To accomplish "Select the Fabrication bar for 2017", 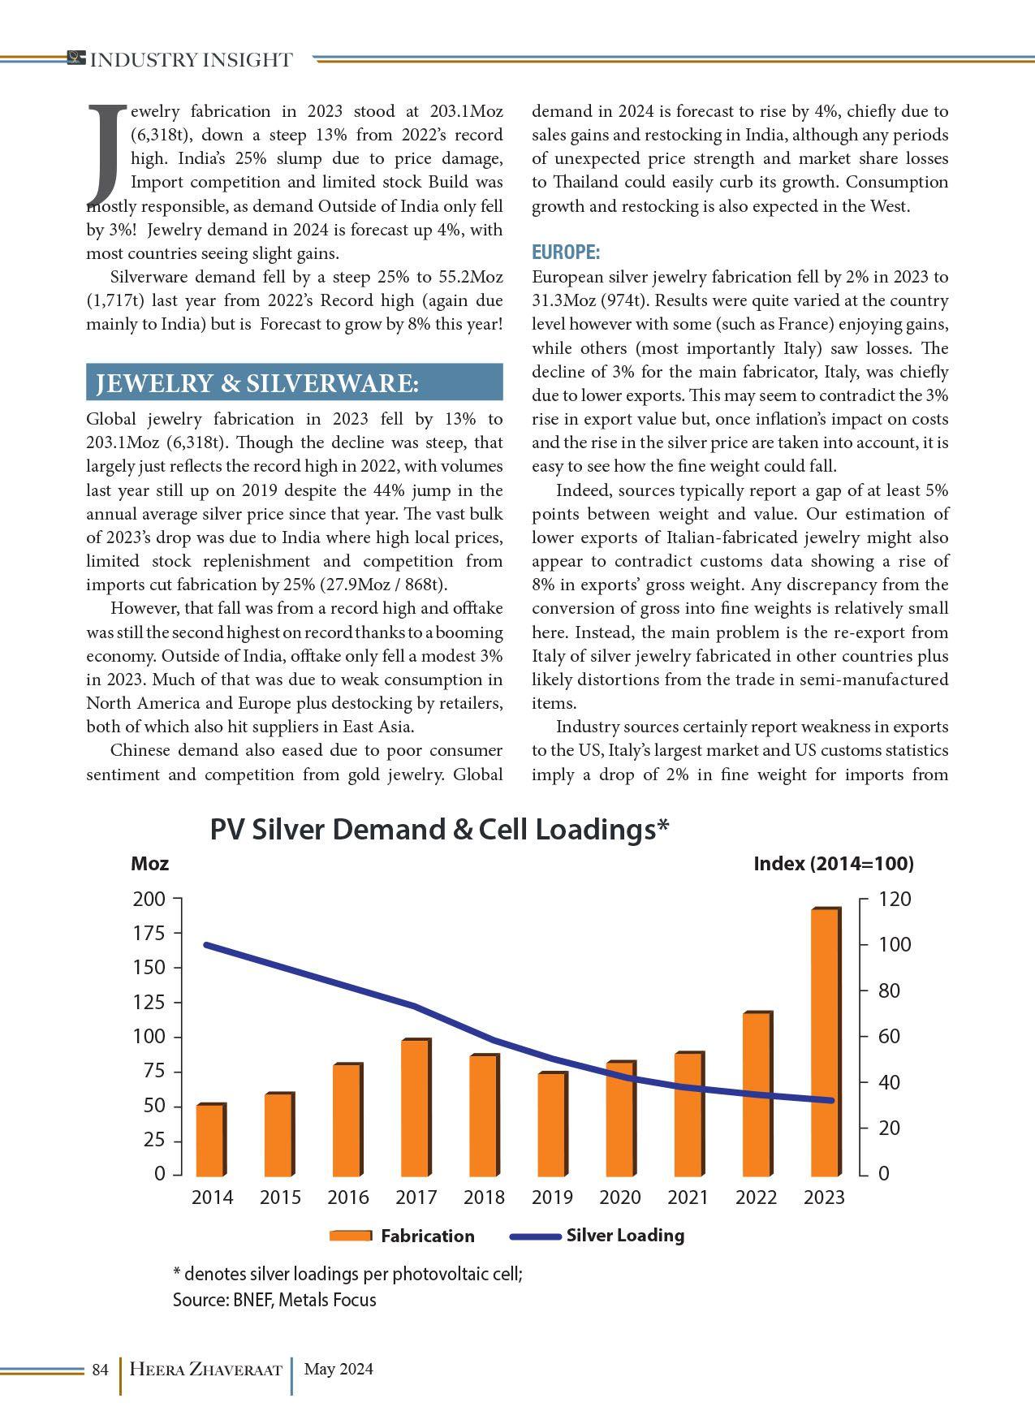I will click(x=415, y=1107).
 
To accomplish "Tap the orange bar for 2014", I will click(x=210, y=1139).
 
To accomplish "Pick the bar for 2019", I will click(x=551, y=1124).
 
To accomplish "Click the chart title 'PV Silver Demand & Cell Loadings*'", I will click(x=439, y=830).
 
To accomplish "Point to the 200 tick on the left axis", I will click(x=149, y=899).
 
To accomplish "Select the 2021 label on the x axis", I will click(x=688, y=1197).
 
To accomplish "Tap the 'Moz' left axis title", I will click(x=149, y=864).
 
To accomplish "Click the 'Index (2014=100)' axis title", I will click(x=833, y=864).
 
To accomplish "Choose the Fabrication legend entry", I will click(x=403, y=1236).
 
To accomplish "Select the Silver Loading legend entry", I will click(x=597, y=1236).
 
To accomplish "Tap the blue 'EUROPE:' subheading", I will click(x=566, y=252).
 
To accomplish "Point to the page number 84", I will click(x=100, y=1370).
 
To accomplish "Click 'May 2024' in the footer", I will click(x=339, y=1370).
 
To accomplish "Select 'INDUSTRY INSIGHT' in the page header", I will click(x=190, y=60).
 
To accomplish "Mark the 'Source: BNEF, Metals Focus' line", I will click(x=274, y=1300).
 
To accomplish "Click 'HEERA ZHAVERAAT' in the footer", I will click(x=205, y=1370).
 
